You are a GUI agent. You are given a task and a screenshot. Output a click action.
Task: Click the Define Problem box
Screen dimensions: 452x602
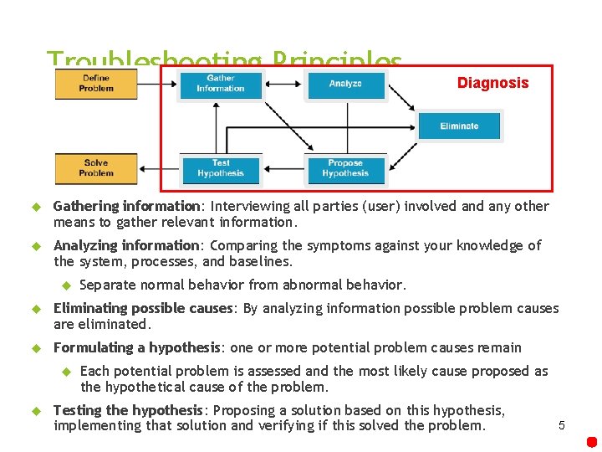click(95, 84)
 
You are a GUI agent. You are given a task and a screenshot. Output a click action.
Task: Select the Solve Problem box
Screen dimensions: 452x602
click(95, 168)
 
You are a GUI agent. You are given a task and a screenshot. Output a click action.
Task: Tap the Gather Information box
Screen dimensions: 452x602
click(221, 85)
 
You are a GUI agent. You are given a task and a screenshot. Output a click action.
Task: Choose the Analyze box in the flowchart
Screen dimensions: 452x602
click(345, 85)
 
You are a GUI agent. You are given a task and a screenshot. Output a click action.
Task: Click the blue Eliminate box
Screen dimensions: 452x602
click(459, 126)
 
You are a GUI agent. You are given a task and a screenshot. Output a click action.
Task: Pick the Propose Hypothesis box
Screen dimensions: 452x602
click(345, 169)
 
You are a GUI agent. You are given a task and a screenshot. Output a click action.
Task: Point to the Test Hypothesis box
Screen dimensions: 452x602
click(221, 169)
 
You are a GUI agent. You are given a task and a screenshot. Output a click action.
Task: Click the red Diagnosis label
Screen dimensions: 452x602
click(492, 83)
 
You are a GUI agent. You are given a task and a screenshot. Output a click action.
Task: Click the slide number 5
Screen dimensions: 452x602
click(562, 425)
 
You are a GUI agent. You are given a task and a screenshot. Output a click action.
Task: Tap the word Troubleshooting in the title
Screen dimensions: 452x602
click(150, 61)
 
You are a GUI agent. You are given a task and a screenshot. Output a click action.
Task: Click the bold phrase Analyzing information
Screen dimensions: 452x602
click(125, 245)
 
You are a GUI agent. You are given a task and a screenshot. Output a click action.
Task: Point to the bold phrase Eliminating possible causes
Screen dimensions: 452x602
click(142, 308)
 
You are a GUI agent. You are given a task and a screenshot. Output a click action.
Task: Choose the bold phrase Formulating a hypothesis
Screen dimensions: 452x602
click(136, 347)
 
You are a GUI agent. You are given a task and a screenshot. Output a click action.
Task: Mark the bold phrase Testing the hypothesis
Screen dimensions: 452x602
click(128, 410)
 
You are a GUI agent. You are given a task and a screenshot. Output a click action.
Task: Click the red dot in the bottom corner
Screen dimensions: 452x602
click(591, 441)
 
